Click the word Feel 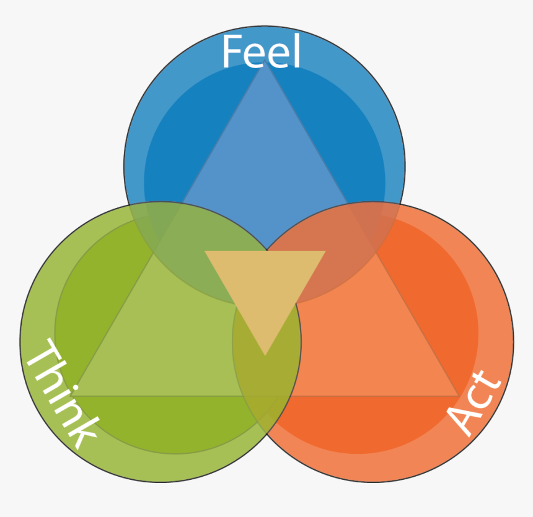coord(261,51)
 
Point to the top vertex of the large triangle coord(265,64)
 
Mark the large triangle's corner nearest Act coord(459,395)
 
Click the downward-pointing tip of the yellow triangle coord(265,355)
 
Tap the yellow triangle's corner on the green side coord(206,252)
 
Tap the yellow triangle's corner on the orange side coord(324,252)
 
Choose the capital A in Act coord(462,418)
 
